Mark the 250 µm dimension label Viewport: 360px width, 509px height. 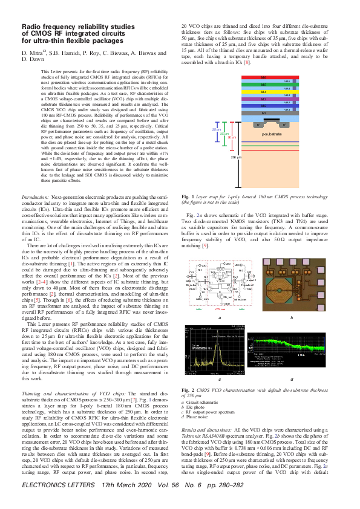(234, 157)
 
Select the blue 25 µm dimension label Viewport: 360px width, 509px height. (216, 129)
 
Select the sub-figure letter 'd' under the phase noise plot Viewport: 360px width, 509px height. (292, 379)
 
